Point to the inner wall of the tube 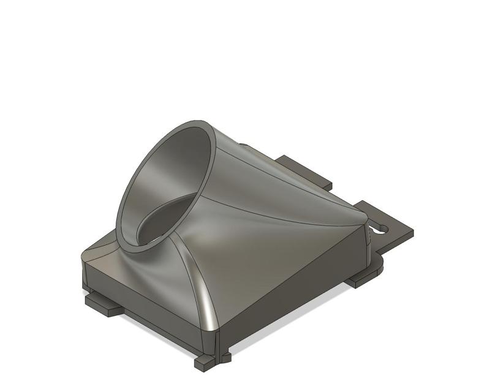tap(178, 165)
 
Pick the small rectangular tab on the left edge tap(102, 306)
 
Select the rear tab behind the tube tap(306, 171)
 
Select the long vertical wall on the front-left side tap(147, 306)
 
